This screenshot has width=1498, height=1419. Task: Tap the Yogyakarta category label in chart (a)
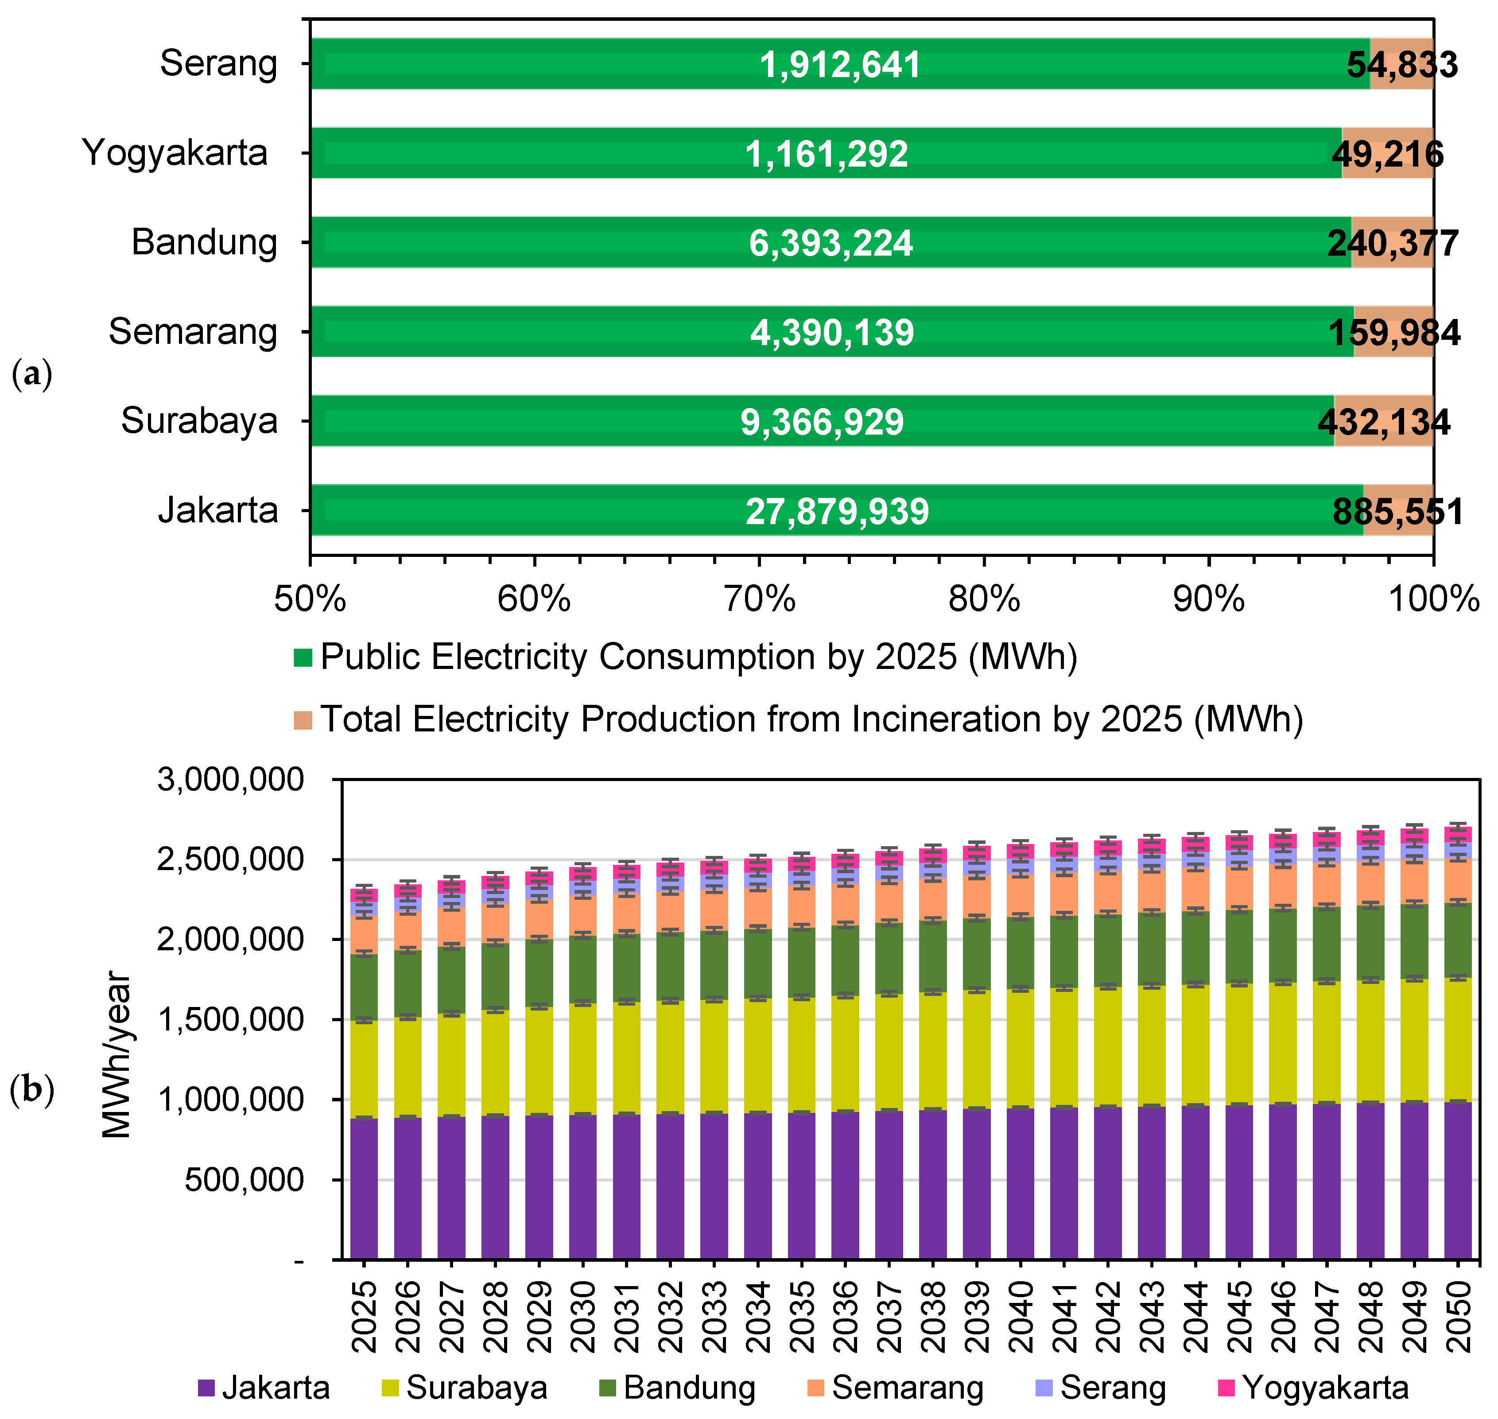[175, 153]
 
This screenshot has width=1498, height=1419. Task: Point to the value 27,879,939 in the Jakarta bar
[837, 511]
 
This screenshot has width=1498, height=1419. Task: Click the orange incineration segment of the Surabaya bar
[1383, 420]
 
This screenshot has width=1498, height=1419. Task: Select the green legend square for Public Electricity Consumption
[303, 657]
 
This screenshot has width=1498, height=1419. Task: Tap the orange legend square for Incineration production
[303, 720]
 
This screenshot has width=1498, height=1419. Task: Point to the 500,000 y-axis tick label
[244, 1179]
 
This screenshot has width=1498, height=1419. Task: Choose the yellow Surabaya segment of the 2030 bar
[583, 1059]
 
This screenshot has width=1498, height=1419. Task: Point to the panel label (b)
[32, 1090]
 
